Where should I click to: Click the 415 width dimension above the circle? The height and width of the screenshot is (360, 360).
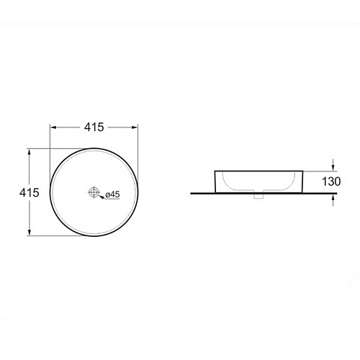click(x=94, y=127)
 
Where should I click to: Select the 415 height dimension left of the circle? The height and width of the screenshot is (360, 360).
click(x=29, y=192)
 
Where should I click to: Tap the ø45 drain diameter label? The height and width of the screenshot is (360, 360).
click(x=112, y=194)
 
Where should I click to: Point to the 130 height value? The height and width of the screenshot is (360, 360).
click(x=331, y=181)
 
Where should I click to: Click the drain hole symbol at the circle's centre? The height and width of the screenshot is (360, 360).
click(x=94, y=192)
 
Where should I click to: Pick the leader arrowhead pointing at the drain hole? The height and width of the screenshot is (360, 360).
click(x=102, y=197)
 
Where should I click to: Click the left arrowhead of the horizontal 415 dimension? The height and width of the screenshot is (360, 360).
click(x=53, y=127)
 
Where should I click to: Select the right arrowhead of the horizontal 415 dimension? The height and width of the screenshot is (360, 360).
click(x=135, y=127)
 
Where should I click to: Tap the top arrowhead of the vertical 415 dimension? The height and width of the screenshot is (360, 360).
click(x=30, y=152)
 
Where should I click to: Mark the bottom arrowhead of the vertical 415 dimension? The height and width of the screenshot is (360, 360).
click(x=30, y=232)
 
